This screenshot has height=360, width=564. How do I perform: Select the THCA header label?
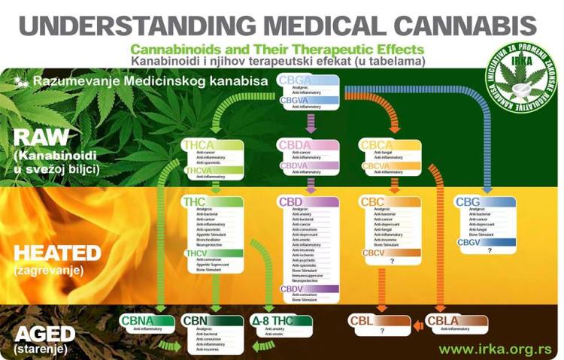tap(198, 145)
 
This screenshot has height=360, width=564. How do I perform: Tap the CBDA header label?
tap(293, 145)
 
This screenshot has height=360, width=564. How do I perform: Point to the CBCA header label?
tap(374, 145)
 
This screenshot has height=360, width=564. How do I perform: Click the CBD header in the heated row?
tap(290, 201)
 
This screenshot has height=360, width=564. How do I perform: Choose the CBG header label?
tap(468, 201)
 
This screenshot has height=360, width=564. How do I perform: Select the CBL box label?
tap(362, 322)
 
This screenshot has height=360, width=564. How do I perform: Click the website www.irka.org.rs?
tap(495, 349)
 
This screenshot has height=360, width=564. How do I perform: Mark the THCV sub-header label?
tap(196, 253)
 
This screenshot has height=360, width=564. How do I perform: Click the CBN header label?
tap(196, 322)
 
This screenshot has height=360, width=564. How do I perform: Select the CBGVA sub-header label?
tap(294, 99)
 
